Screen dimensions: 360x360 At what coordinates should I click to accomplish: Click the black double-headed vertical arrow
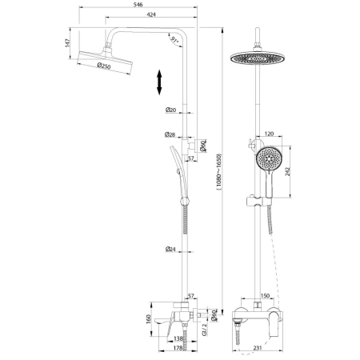160,83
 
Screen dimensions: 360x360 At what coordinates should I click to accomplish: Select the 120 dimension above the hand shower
269,135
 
